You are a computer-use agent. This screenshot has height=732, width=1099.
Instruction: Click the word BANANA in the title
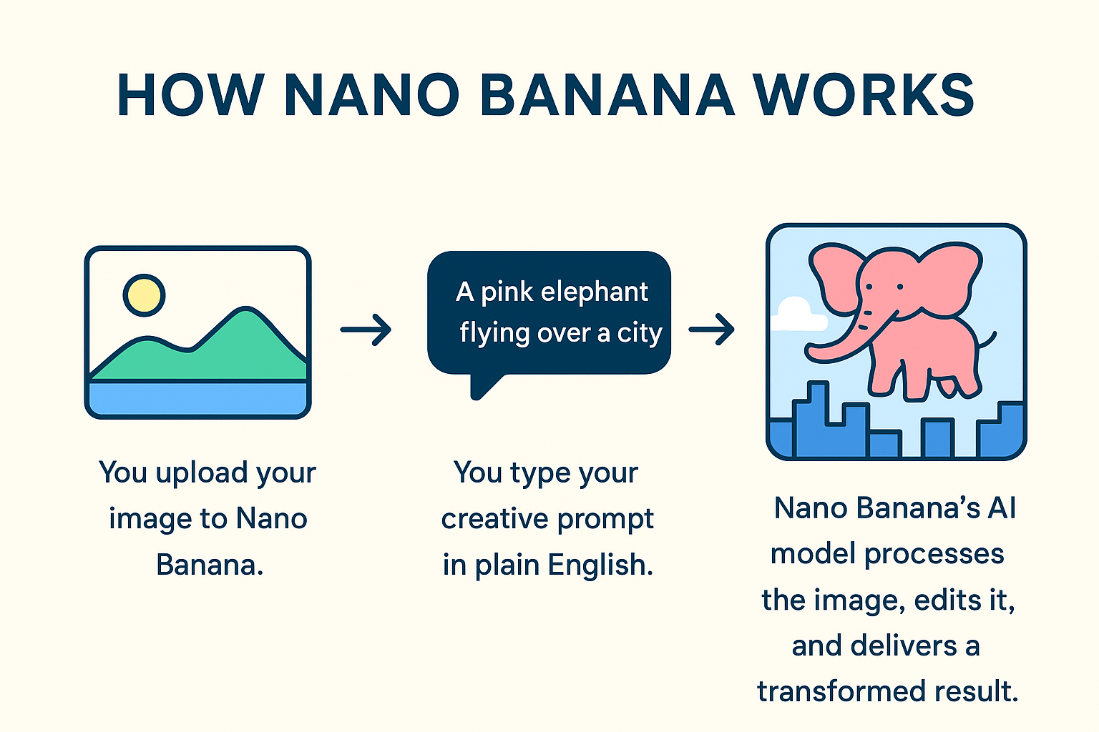point(607,94)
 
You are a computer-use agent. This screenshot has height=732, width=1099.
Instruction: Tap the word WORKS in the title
point(864,94)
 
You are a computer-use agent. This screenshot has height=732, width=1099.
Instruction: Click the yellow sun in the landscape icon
point(144,295)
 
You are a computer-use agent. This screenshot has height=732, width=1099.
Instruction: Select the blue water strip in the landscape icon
point(197,399)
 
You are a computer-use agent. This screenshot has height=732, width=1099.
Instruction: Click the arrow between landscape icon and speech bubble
point(366,330)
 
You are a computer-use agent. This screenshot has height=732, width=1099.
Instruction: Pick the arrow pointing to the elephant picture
point(711,330)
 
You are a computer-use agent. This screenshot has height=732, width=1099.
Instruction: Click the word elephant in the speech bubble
point(594,292)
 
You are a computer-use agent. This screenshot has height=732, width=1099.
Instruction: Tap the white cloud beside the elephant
point(798,315)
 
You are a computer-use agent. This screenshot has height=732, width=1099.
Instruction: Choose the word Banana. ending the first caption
point(210,565)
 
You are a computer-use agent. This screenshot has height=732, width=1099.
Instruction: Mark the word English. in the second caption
point(600,565)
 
